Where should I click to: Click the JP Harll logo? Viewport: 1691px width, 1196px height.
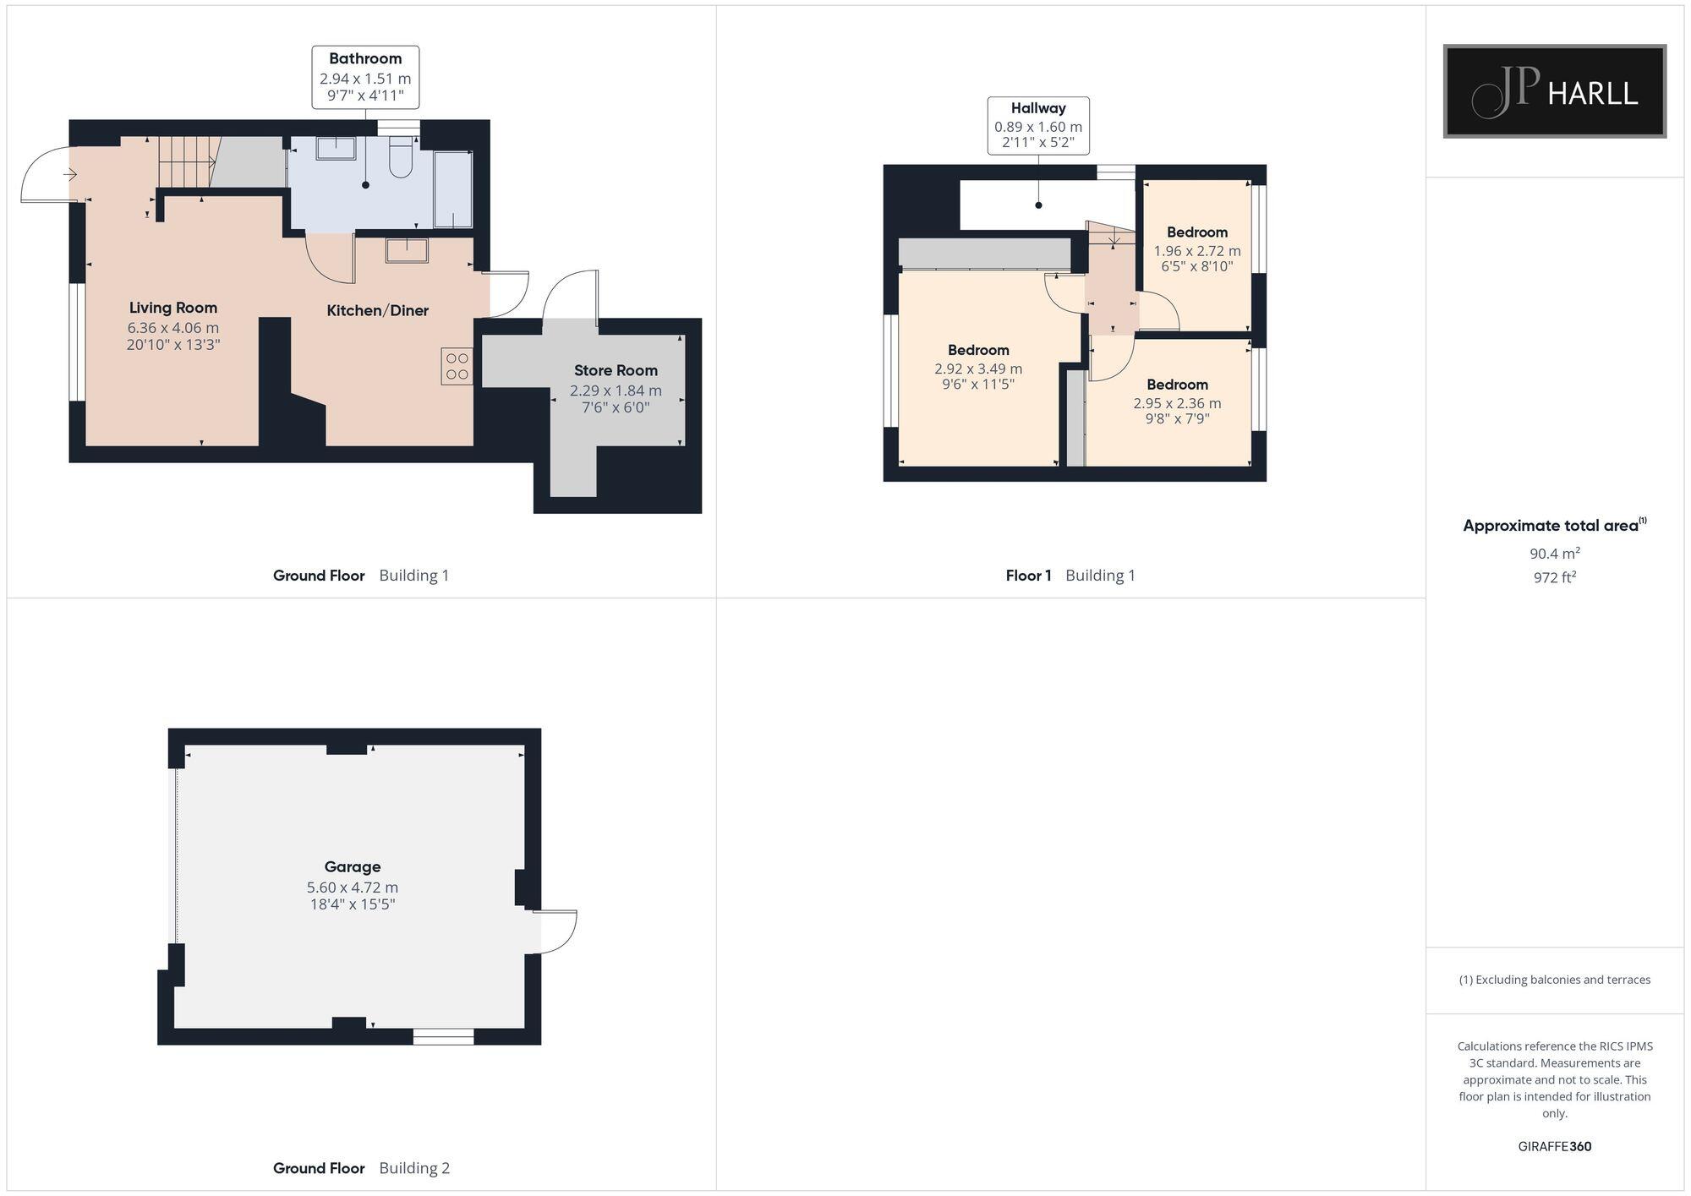point(1554,91)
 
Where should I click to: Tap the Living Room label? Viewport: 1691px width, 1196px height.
point(173,308)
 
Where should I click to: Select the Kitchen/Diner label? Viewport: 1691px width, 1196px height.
point(377,310)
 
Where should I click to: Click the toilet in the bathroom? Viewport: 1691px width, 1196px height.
point(400,159)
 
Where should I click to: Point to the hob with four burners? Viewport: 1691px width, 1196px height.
point(457,366)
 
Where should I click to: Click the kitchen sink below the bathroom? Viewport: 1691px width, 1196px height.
point(407,250)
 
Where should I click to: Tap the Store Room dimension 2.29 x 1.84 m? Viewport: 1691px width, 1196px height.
point(616,390)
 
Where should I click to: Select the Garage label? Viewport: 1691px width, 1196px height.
point(353,866)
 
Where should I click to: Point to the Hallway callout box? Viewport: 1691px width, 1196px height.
point(1038,125)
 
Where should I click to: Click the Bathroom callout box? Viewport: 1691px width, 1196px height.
point(365,77)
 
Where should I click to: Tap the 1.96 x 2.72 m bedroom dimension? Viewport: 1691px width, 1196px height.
point(1197,251)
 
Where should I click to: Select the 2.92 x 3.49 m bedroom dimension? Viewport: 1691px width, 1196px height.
point(978,369)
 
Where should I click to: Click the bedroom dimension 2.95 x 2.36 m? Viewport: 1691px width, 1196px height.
point(1177,403)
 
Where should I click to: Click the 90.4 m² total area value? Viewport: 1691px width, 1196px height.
point(1554,554)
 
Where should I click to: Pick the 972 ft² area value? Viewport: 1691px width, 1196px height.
point(1554,577)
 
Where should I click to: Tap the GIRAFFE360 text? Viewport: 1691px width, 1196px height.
point(1554,1146)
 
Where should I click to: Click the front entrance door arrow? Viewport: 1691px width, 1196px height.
point(70,175)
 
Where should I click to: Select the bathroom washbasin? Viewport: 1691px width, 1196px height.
point(337,149)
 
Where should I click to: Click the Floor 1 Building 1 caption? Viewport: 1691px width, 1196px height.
point(1070,576)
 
